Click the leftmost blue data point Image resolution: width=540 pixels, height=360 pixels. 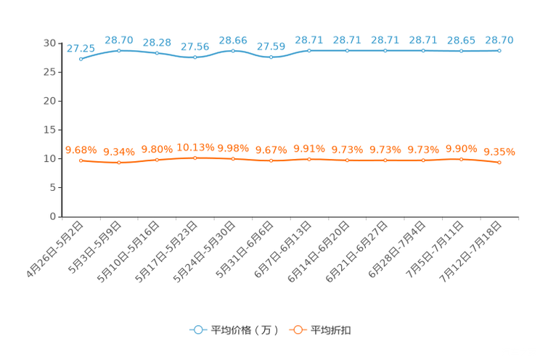pyautogui.click(x=81, y=59)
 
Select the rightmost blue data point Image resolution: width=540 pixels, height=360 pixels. pyautogui.click(x=499, y=51)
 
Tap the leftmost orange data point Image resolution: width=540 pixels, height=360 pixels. pyautogui.click(x=81, y=160)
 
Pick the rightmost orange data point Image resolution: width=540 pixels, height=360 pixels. pyautogui.click(x=499, y=162)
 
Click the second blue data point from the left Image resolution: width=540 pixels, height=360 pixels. pyautogui.click(x=118, y=50)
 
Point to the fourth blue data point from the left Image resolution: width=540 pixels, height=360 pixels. pyautogui.click(x=195, y=57)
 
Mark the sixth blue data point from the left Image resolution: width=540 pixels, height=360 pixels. pyautogui.click(x=271, y=57)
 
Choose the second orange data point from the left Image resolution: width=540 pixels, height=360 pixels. pyautogui.click(x=118, y=163)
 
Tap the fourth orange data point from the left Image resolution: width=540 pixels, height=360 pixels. pyautogui.click(x=195, y=157)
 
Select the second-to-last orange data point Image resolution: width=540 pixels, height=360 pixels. pyautogui.click(x=461, y=159)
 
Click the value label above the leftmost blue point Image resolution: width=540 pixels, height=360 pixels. pyautogui.click(x=81, y=48)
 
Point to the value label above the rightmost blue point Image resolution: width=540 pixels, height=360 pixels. pyautogui.click(x=499, y=40)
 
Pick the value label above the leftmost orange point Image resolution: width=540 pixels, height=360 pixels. pyautogui.click(x=81, y=150)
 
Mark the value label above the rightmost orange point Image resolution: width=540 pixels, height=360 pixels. pyautogui.click(x=499, y=152)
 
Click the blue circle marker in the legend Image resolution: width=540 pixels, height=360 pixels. pyautogui.click(x=197, y=330)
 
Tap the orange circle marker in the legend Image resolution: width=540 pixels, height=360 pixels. pyautogui.click(x=297, y=330)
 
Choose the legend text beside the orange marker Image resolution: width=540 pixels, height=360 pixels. pyautogui.click(x=331, y=330)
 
